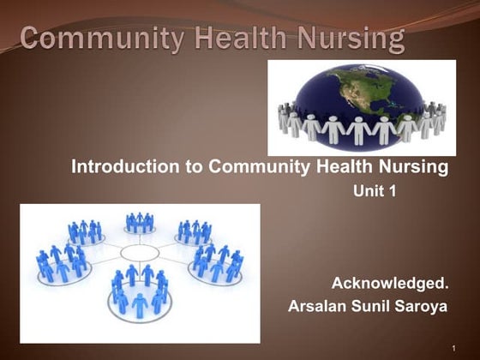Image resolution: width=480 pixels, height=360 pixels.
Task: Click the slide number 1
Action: pyautogui.click(x=452, y=347)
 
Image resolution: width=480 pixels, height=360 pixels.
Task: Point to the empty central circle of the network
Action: pyautogui.click(x=140, y=253)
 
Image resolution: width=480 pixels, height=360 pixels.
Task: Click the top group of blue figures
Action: pyautogui.click(x=139, y=223)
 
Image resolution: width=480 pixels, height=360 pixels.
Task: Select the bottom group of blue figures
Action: pyautogui.click(x=137, y=291)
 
